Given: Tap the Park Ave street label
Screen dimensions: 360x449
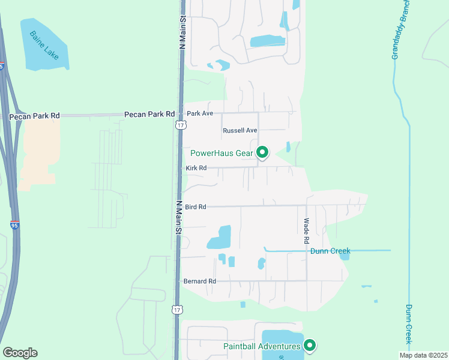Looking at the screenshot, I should pos(200,113).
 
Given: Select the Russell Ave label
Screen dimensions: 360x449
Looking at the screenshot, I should pos(240,130).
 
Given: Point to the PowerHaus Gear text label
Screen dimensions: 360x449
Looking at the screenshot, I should pos(221,153).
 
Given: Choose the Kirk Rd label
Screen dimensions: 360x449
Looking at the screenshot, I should pos(196,168).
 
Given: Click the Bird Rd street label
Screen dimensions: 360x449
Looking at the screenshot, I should pos(196,207).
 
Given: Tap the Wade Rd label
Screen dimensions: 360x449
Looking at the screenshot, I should pos(306,230).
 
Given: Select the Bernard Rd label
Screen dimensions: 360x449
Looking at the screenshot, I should pos(199,281).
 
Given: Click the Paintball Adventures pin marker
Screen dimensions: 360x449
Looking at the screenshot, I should pos(310,345).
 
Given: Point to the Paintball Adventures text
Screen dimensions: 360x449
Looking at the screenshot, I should pos(262,346).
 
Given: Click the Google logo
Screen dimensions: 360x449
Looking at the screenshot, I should pos(20,353).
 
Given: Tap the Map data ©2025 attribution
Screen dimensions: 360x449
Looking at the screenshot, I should pos(423,355).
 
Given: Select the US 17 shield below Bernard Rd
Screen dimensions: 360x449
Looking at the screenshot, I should pos(176,309).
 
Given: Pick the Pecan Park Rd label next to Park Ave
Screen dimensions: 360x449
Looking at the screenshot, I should pos(149,114).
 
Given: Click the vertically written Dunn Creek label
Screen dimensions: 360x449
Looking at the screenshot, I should pos(408,324).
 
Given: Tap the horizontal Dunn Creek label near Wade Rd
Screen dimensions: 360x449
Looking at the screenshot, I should pos(330,251).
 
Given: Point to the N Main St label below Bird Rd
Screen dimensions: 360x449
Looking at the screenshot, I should pos(178,217).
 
